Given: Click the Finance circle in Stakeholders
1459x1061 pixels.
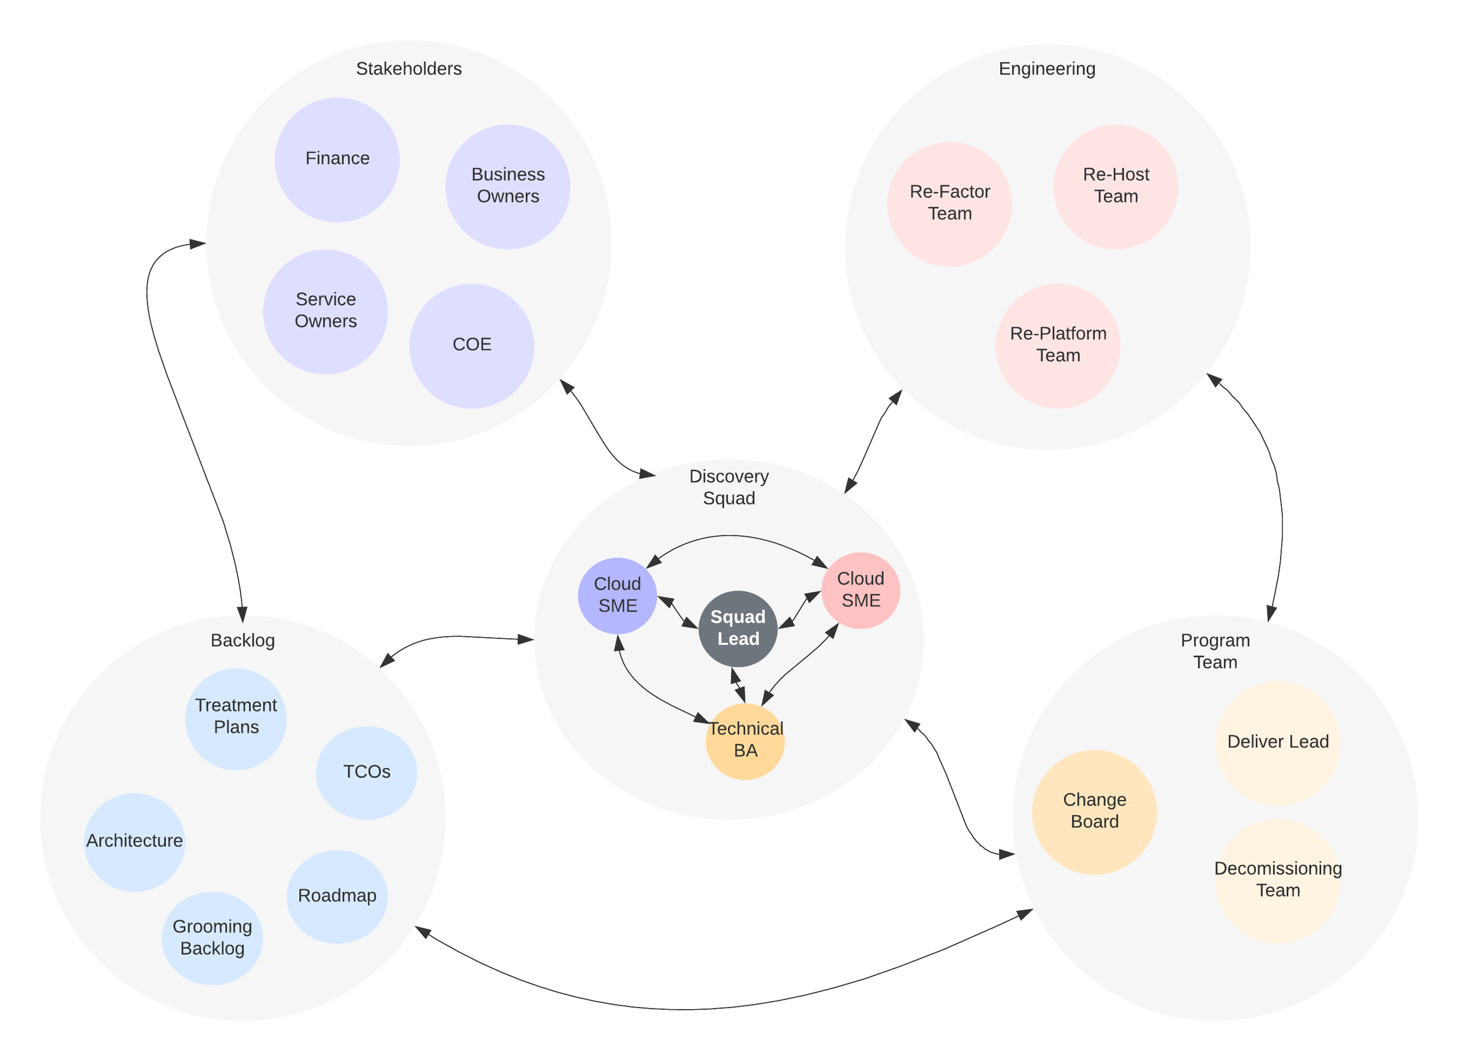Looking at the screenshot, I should click(337, 160).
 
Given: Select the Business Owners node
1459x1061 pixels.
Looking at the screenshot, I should click(508, 186).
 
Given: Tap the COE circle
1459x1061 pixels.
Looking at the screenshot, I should click(471, 345).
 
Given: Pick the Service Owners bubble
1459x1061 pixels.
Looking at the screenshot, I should click(325, 311).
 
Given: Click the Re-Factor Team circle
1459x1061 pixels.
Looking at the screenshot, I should click(949, 204).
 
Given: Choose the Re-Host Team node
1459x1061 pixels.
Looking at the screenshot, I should click(1115, 186).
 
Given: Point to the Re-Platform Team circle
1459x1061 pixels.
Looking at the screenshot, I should click(1058, 345).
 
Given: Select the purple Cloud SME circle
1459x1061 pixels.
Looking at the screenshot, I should click(617, 595).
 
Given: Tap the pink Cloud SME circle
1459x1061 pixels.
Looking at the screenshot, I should click(860, 590).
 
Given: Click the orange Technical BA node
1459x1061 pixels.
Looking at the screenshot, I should click(745, 741).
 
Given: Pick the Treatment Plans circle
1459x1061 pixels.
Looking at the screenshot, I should click(236, 718).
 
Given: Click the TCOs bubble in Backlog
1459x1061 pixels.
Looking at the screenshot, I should click(366, 772).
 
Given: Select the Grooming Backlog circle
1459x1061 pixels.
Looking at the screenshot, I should click(212, 937).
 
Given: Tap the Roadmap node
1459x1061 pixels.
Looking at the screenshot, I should click(337, 896).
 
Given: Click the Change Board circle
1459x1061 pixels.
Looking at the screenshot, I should click(1094, 811).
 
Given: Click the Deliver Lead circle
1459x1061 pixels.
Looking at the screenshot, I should click(1278, 742).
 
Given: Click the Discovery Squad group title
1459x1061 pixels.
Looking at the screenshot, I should click(729, 487).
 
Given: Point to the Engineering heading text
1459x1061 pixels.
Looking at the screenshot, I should click(1046, 69).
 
